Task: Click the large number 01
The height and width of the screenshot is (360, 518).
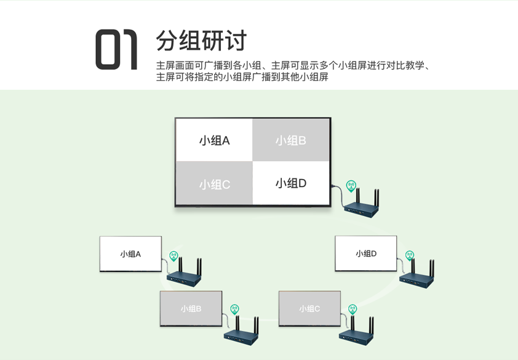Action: pos(116,49)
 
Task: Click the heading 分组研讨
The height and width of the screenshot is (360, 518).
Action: pos(201,41)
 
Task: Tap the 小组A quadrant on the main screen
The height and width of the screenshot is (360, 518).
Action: pos(215,140)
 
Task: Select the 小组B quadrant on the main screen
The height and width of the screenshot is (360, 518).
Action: pos(291,140)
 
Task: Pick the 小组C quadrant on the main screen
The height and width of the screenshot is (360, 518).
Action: pos(215,183)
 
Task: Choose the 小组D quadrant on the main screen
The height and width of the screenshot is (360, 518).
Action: pos(291,183)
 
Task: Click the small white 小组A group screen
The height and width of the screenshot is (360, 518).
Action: pos(130,254)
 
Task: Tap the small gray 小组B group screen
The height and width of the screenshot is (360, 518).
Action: pos(191,308)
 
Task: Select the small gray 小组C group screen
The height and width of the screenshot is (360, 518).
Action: pos(309,308)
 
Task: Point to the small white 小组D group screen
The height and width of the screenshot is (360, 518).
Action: pos(365,254)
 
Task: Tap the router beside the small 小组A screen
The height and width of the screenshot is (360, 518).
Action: pos(184,273)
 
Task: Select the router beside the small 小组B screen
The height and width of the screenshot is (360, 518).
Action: pos(241,331)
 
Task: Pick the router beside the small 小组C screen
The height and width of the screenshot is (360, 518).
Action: pos(356,331)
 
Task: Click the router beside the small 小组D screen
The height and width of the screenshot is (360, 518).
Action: pos(416,274)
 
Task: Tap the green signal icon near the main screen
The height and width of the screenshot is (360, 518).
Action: pos(351,186)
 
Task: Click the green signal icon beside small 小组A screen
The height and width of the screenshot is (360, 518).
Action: pos(173,256)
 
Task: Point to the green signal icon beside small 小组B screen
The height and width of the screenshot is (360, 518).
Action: pos(234,310)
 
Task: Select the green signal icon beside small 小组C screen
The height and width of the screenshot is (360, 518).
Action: pos(353,310)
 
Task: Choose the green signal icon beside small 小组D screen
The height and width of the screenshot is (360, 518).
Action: pos(410,255)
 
